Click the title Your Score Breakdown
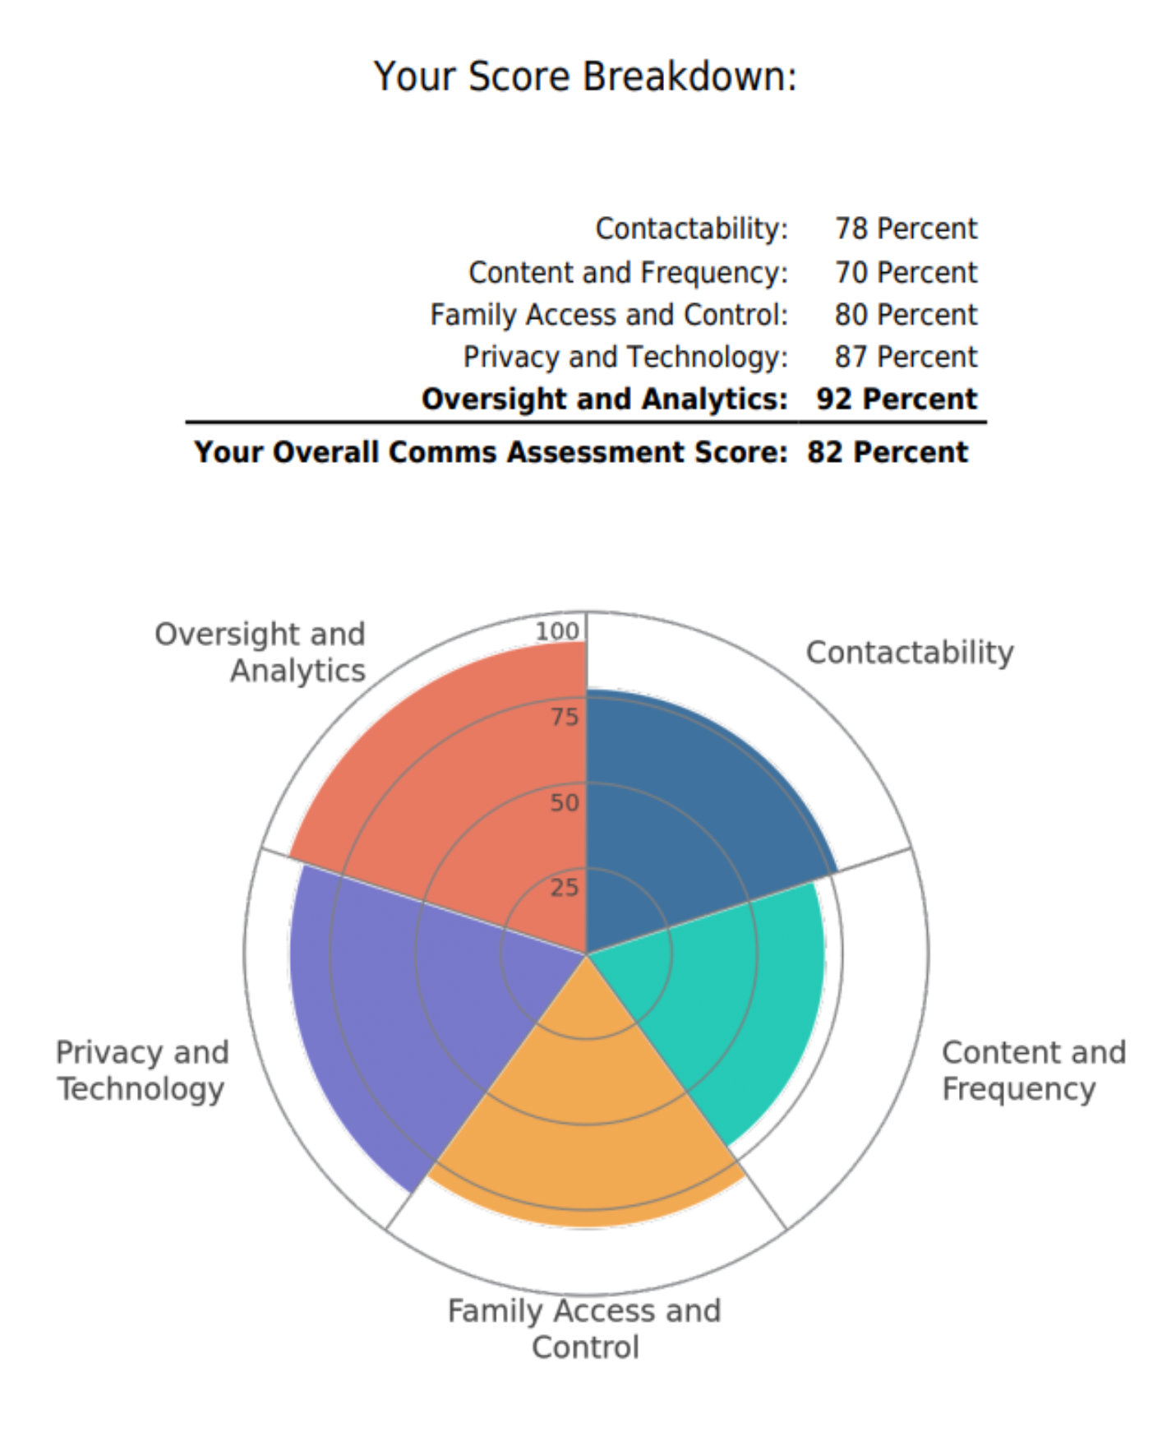[x=585, y=76]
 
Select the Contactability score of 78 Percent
[x=906, y=229]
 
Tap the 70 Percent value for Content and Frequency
[x=906, y=272]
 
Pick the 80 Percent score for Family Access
[x=906, y=315]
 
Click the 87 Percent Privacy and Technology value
[x=906, y=357]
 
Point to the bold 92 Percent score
[x=897, y=399]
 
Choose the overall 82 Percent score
[x=888, y=452]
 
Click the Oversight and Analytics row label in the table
[x=605, y=399]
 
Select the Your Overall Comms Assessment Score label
[x=491, y=452]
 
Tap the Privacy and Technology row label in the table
[x=625, y=357]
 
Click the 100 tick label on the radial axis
[x=557, y=631]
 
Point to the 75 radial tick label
[x=565, y=717]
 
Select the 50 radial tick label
[x=565, y=802]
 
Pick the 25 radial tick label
[x=565, y=887]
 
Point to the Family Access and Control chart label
[x=584, y=1328]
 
